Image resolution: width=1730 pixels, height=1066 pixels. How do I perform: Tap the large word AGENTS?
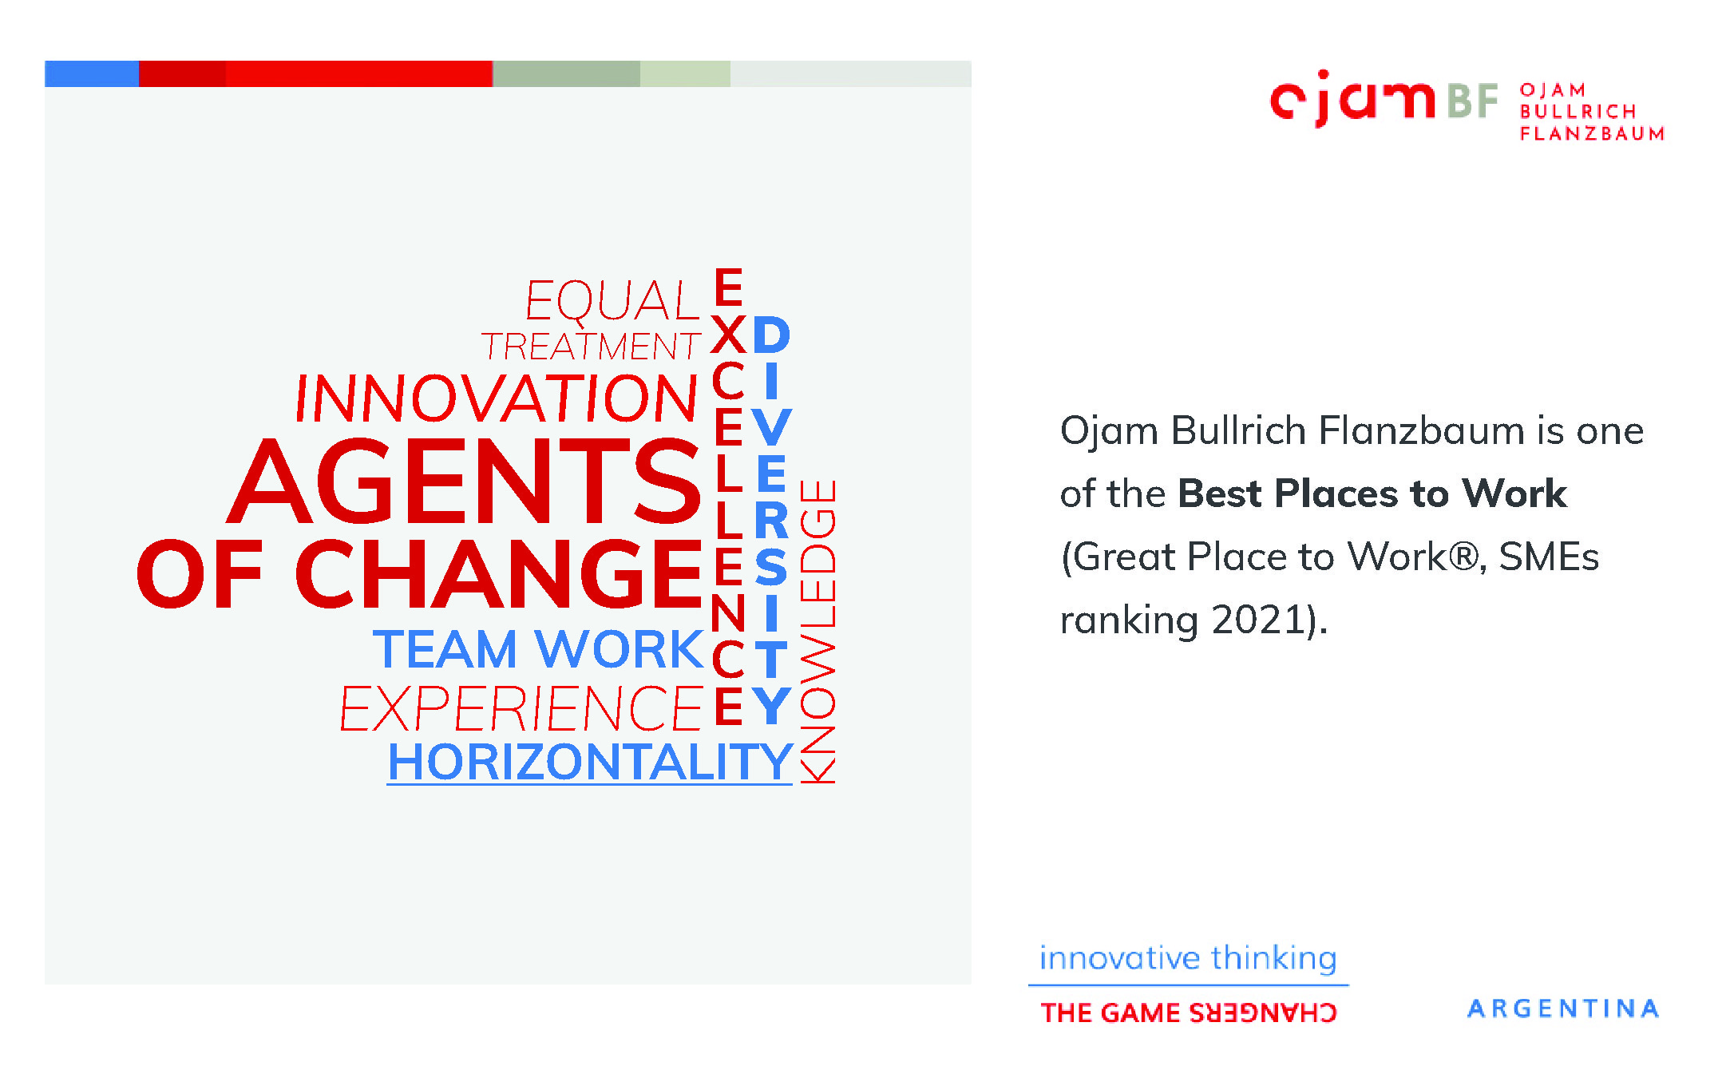coord(465,481)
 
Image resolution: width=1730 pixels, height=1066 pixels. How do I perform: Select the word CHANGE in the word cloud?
coord(500,573)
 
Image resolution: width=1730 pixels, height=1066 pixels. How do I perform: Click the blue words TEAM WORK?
coord(538,648)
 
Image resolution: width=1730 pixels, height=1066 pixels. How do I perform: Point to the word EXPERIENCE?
coord(521,708)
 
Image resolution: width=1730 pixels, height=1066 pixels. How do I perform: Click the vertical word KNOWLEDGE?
coord(817,631)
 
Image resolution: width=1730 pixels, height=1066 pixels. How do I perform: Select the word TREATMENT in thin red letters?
coord(591,347)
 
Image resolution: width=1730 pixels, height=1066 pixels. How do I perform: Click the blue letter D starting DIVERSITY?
coord(771,335)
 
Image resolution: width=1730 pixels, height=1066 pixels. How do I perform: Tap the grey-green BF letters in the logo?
coord(1472,101)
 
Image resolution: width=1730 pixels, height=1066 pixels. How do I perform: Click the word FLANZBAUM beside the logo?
coord(1592,133)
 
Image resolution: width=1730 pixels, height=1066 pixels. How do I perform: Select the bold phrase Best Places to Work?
coord(1372,493)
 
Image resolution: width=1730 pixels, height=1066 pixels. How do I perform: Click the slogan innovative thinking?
coord(1188,957)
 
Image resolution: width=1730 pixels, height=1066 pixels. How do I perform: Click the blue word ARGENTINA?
coord(1563,1009)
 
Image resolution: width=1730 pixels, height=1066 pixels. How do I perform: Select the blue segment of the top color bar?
coord(92,73)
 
